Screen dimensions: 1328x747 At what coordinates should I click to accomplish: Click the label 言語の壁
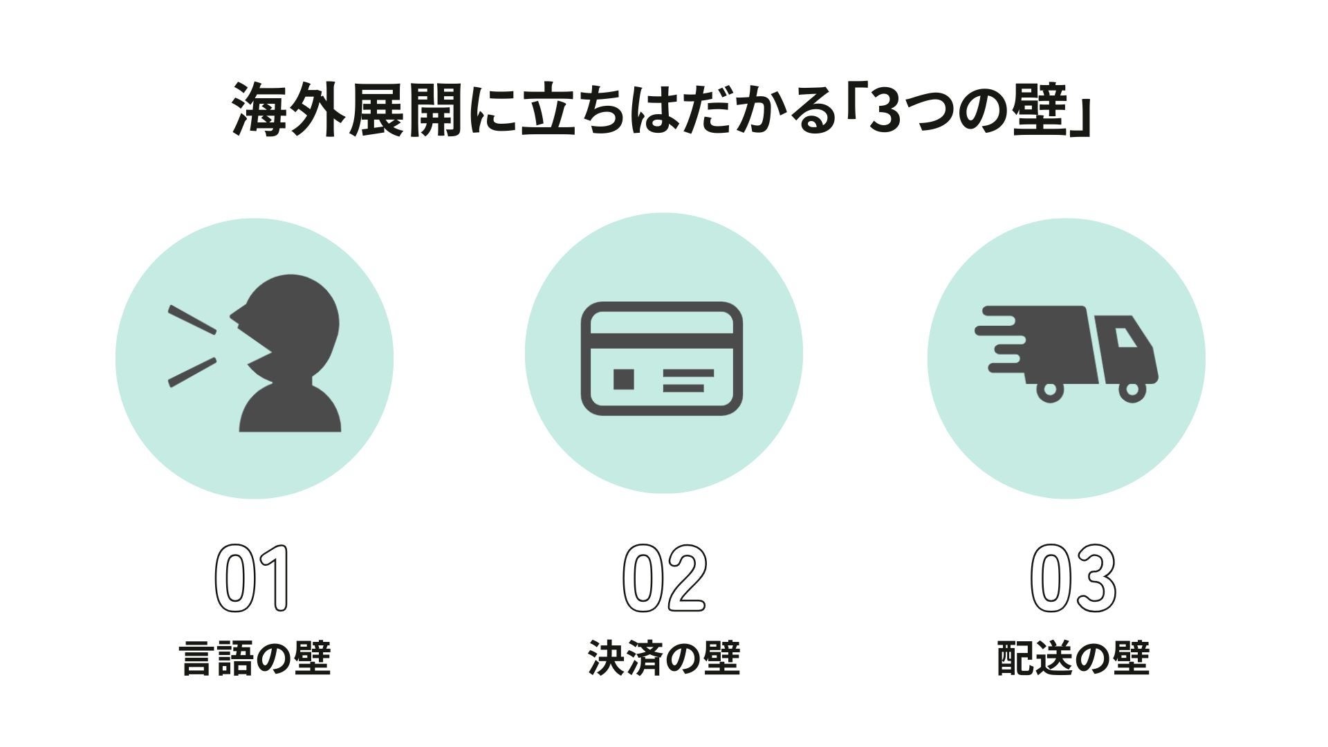(255, 658)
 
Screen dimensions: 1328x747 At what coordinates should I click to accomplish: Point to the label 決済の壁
(664, 658)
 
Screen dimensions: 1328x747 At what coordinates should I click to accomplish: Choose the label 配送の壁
(1073, 658)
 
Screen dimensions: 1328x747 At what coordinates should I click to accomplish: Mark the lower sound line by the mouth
(192, 372)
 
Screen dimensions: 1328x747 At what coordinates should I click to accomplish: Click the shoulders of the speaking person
(290, 412)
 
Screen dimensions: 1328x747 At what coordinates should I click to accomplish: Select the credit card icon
(662, 358)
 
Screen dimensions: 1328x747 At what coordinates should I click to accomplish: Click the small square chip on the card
(624, 379)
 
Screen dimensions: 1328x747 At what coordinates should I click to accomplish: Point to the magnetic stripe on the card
(662, 341)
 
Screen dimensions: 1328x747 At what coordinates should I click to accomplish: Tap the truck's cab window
(1126, 338)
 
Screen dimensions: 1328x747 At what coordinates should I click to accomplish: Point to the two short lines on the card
(687, 380)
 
